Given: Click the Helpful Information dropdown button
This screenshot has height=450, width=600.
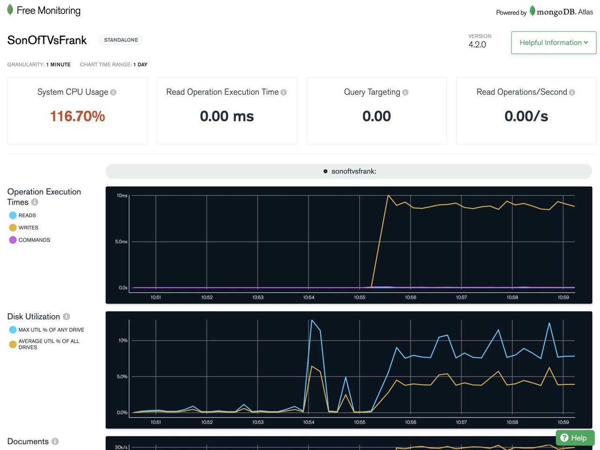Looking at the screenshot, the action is (x=554, y=43).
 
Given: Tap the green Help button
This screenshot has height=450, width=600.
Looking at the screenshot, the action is (x=575, y=438).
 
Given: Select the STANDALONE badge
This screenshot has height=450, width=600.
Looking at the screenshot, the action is (x=121, y=40).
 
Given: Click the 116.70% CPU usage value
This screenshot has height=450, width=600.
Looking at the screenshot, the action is (x=77, y=116).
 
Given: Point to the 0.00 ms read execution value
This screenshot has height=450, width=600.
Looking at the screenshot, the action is (x=227, y=116).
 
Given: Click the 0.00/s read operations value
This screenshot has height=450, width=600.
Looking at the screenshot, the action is (x=526, y=116).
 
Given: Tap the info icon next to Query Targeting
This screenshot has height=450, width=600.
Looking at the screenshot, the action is (x=405, y=92).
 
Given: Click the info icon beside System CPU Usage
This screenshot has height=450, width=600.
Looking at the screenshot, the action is (x=113, y=92).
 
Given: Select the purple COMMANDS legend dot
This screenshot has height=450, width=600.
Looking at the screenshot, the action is (x=13, y=240).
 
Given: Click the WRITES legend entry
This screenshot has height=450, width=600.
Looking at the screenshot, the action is (x=24, y=228).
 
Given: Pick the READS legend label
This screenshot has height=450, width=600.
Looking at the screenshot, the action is (x=27, y=215).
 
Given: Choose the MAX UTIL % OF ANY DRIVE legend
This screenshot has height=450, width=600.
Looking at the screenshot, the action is (x=47, y=330).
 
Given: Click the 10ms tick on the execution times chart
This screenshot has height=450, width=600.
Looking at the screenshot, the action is (x=122, y=196).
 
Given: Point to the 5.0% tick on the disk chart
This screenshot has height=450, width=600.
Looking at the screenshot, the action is (x=122, y=376).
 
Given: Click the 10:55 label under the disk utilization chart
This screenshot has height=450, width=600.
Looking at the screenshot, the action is (x=360, y=422).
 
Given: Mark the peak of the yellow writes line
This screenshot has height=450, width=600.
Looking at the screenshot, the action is (x=388, y=196).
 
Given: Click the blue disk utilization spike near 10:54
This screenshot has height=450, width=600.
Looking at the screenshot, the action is (x=312, y=320).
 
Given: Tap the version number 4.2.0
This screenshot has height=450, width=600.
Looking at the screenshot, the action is (x=477, y=44).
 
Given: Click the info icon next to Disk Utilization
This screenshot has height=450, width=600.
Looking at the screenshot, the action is (x=67, y=317).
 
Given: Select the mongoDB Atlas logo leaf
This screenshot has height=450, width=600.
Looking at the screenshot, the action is (x=532, y=11).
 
